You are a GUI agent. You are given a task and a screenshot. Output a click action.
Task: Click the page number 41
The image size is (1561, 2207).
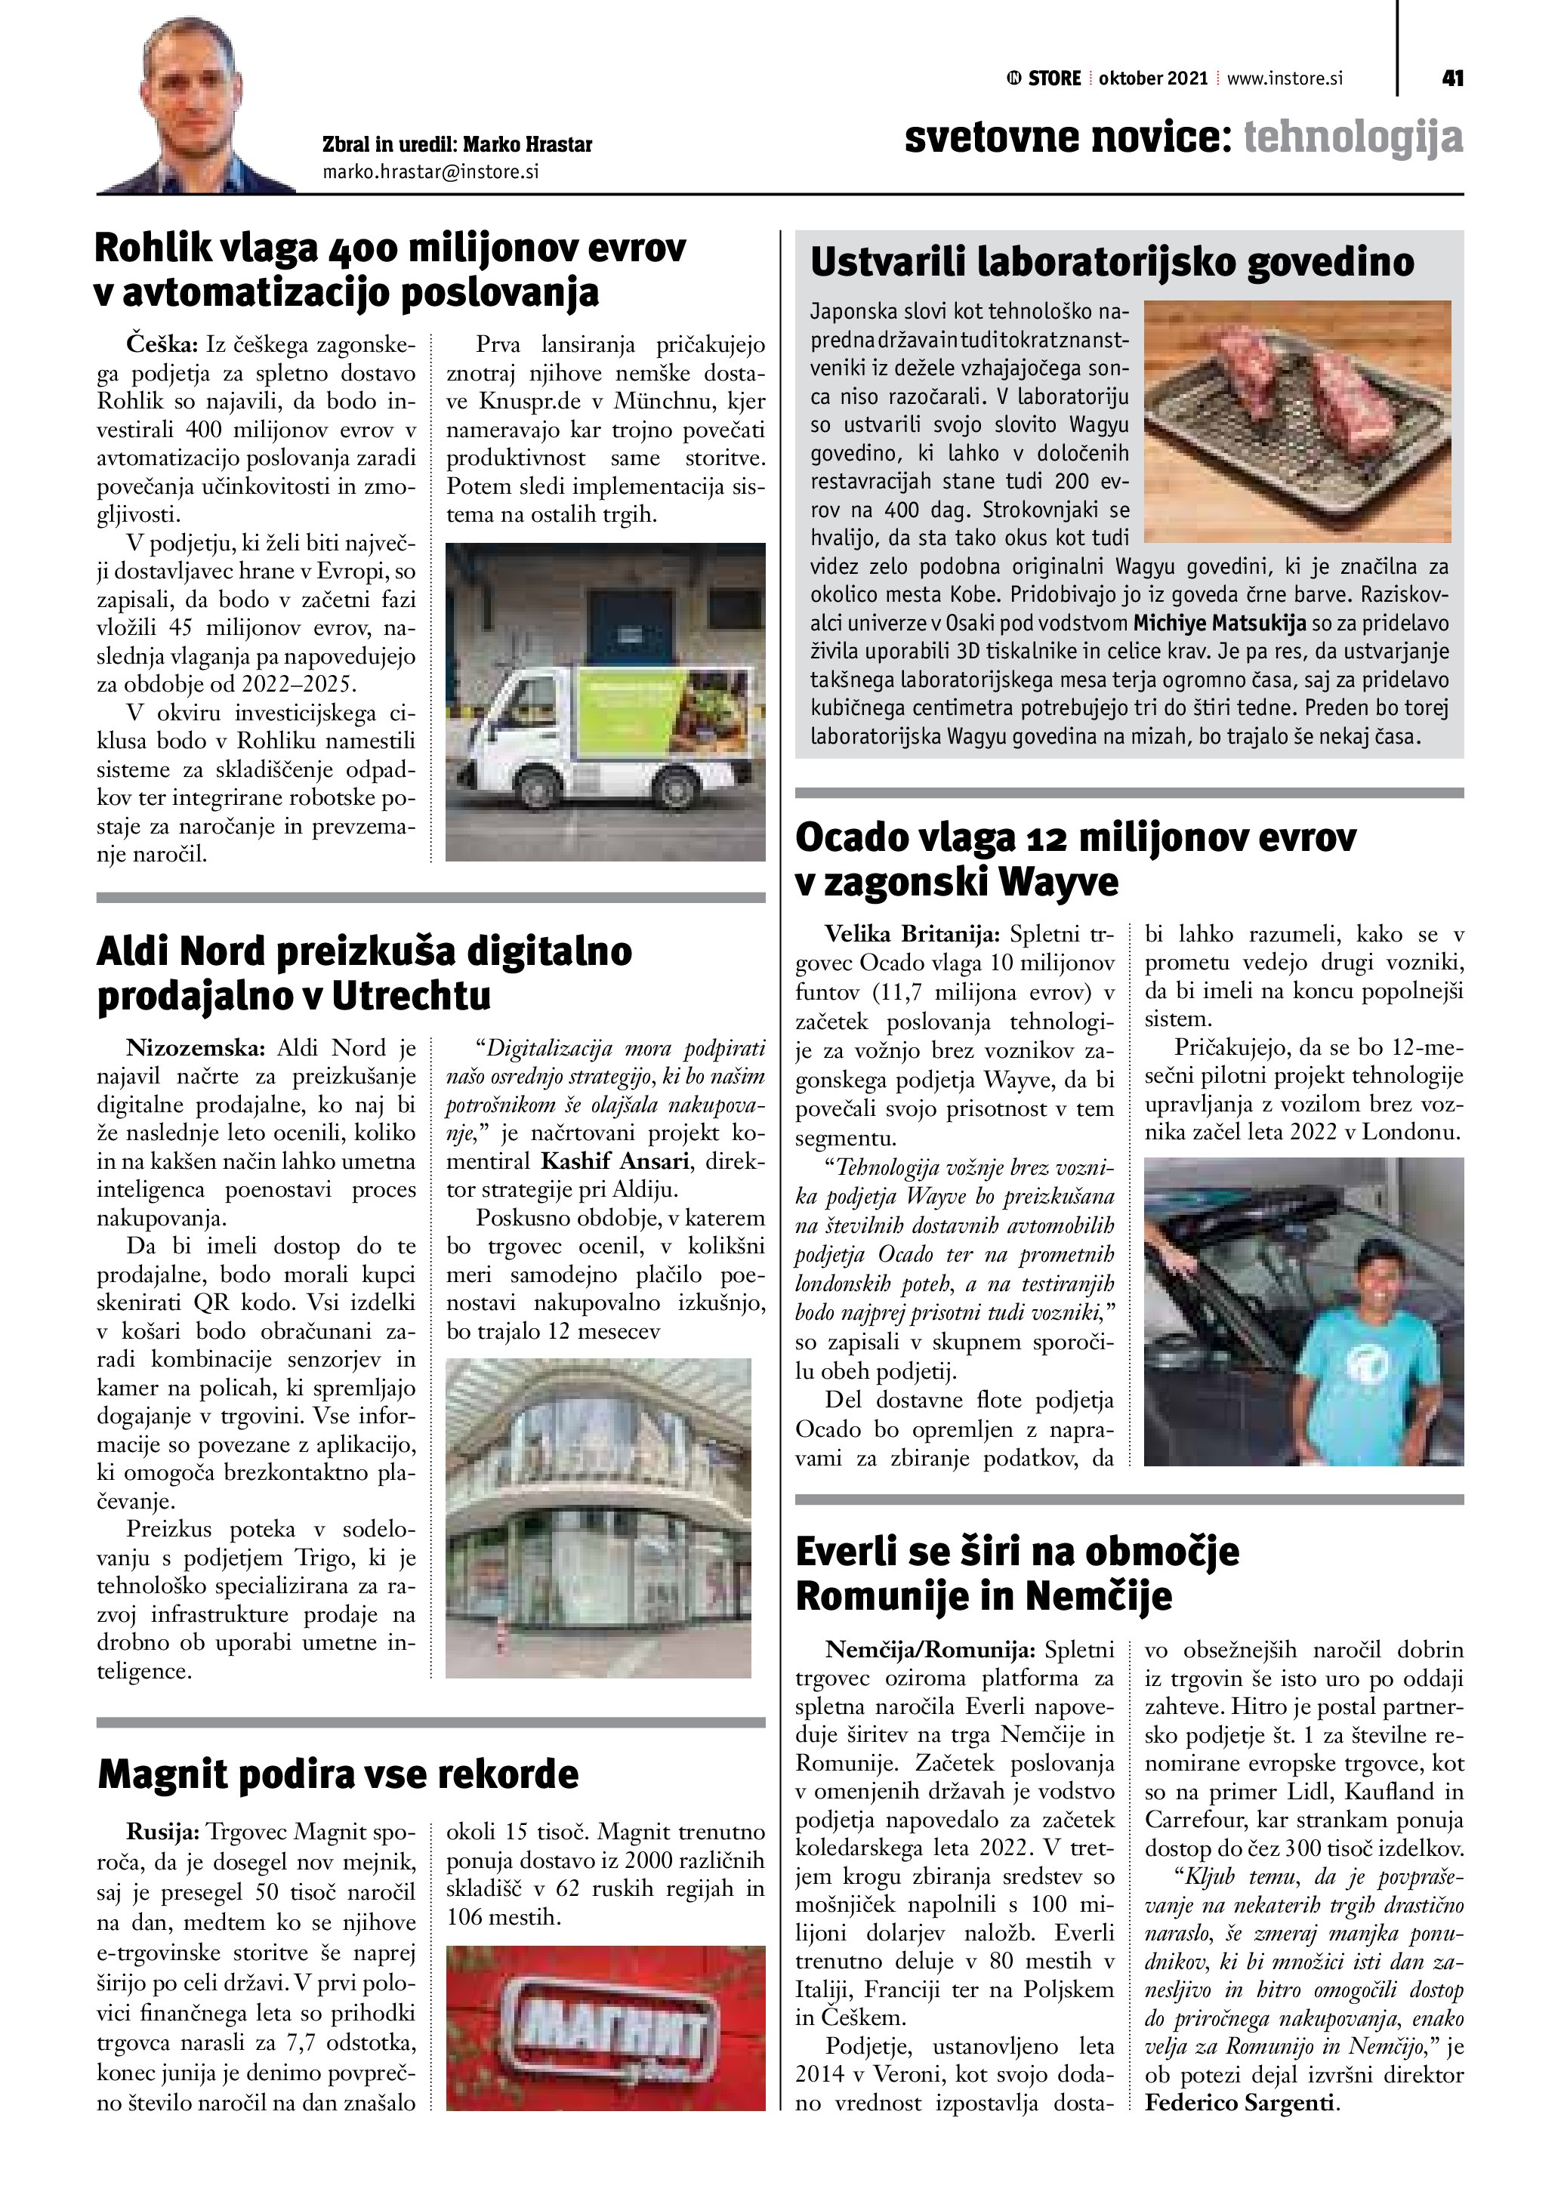(1452, 78)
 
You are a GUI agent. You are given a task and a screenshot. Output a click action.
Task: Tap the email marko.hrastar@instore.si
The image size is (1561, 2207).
(430, 172)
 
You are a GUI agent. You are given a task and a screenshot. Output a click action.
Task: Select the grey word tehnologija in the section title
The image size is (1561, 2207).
(1353, 137)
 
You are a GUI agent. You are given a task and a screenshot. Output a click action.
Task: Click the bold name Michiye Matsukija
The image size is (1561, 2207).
(1220, 623)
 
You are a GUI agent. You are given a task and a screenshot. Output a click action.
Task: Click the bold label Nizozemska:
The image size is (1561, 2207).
(197, 1048)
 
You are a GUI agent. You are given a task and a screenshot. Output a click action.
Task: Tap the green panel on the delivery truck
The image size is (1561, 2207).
(627, 715)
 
